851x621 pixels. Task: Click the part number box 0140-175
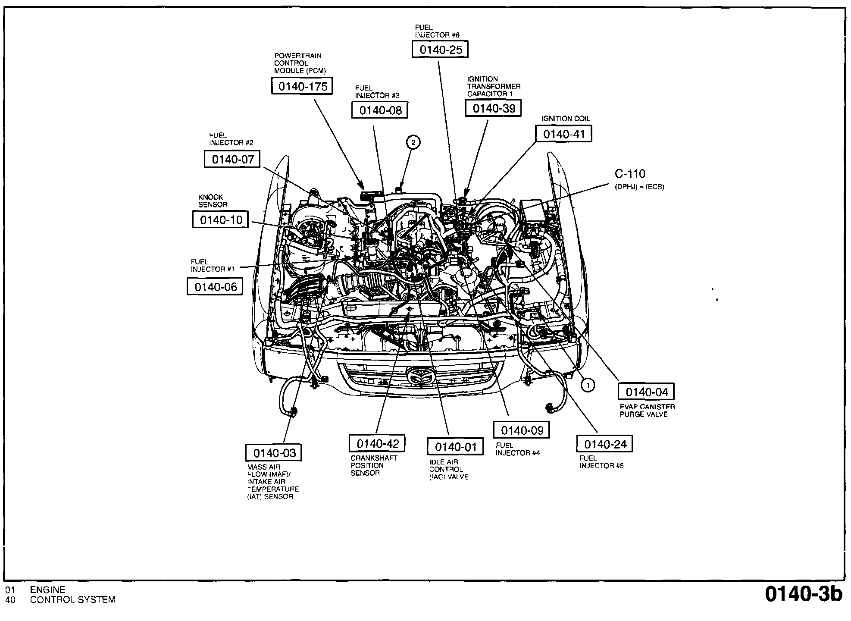pos(303,86)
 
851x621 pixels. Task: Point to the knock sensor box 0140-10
pos(221,220)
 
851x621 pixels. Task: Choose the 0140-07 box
pos(233,160)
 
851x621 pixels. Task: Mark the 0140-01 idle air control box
pos(456,447)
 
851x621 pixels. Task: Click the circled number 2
pos(413,142)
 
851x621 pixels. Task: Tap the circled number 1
pos(588,385)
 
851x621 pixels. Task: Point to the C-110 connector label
pos(630,174)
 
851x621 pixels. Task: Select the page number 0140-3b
pos(804,594)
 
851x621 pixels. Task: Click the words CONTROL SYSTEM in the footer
pos(73,600)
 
